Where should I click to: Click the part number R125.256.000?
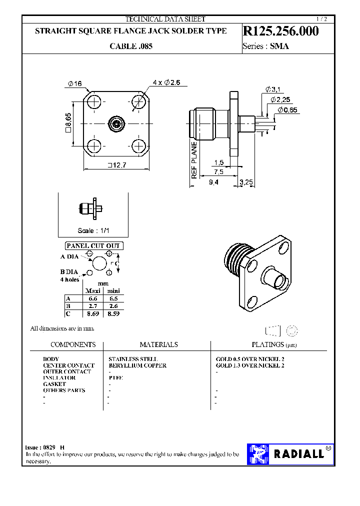tap(280, 31)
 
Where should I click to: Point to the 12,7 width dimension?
tap(115, 165)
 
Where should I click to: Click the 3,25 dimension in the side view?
tap(246, 182)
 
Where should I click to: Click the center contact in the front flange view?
tap(116, 123)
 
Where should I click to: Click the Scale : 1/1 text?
tap(93, 230)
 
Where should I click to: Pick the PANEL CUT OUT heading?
tap(94, 245)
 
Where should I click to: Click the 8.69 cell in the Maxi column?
tap(92, 313)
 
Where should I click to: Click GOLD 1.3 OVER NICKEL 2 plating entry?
tap(249, 365)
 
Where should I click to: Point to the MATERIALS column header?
tap(158, 344)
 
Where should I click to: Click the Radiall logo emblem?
tap(259, 453)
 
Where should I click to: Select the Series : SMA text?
tap(265, 46)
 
